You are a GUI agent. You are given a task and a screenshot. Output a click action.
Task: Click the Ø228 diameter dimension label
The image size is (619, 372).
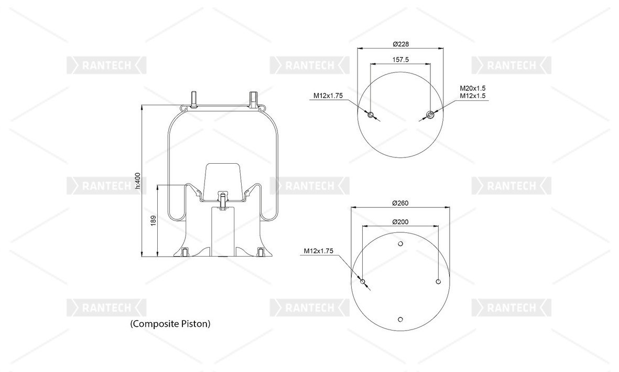(400, 44)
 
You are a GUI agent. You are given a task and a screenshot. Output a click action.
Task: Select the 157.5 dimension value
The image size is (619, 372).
(400, 60)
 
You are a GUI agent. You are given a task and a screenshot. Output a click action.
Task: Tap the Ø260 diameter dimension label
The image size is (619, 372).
(400, 203)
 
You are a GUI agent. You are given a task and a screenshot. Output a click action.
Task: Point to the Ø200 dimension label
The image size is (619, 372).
(400, 222)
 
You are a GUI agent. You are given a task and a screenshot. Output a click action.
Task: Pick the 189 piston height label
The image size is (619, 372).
(154, 220)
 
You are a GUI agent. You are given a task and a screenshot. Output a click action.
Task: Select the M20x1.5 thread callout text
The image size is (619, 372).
(473, 88)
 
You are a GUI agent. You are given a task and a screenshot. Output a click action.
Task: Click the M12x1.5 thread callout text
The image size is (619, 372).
(473, 95)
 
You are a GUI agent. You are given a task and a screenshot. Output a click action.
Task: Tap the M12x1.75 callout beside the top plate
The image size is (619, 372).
(328, 95)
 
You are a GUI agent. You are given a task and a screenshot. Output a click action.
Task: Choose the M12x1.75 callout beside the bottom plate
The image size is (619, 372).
(319, 251)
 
